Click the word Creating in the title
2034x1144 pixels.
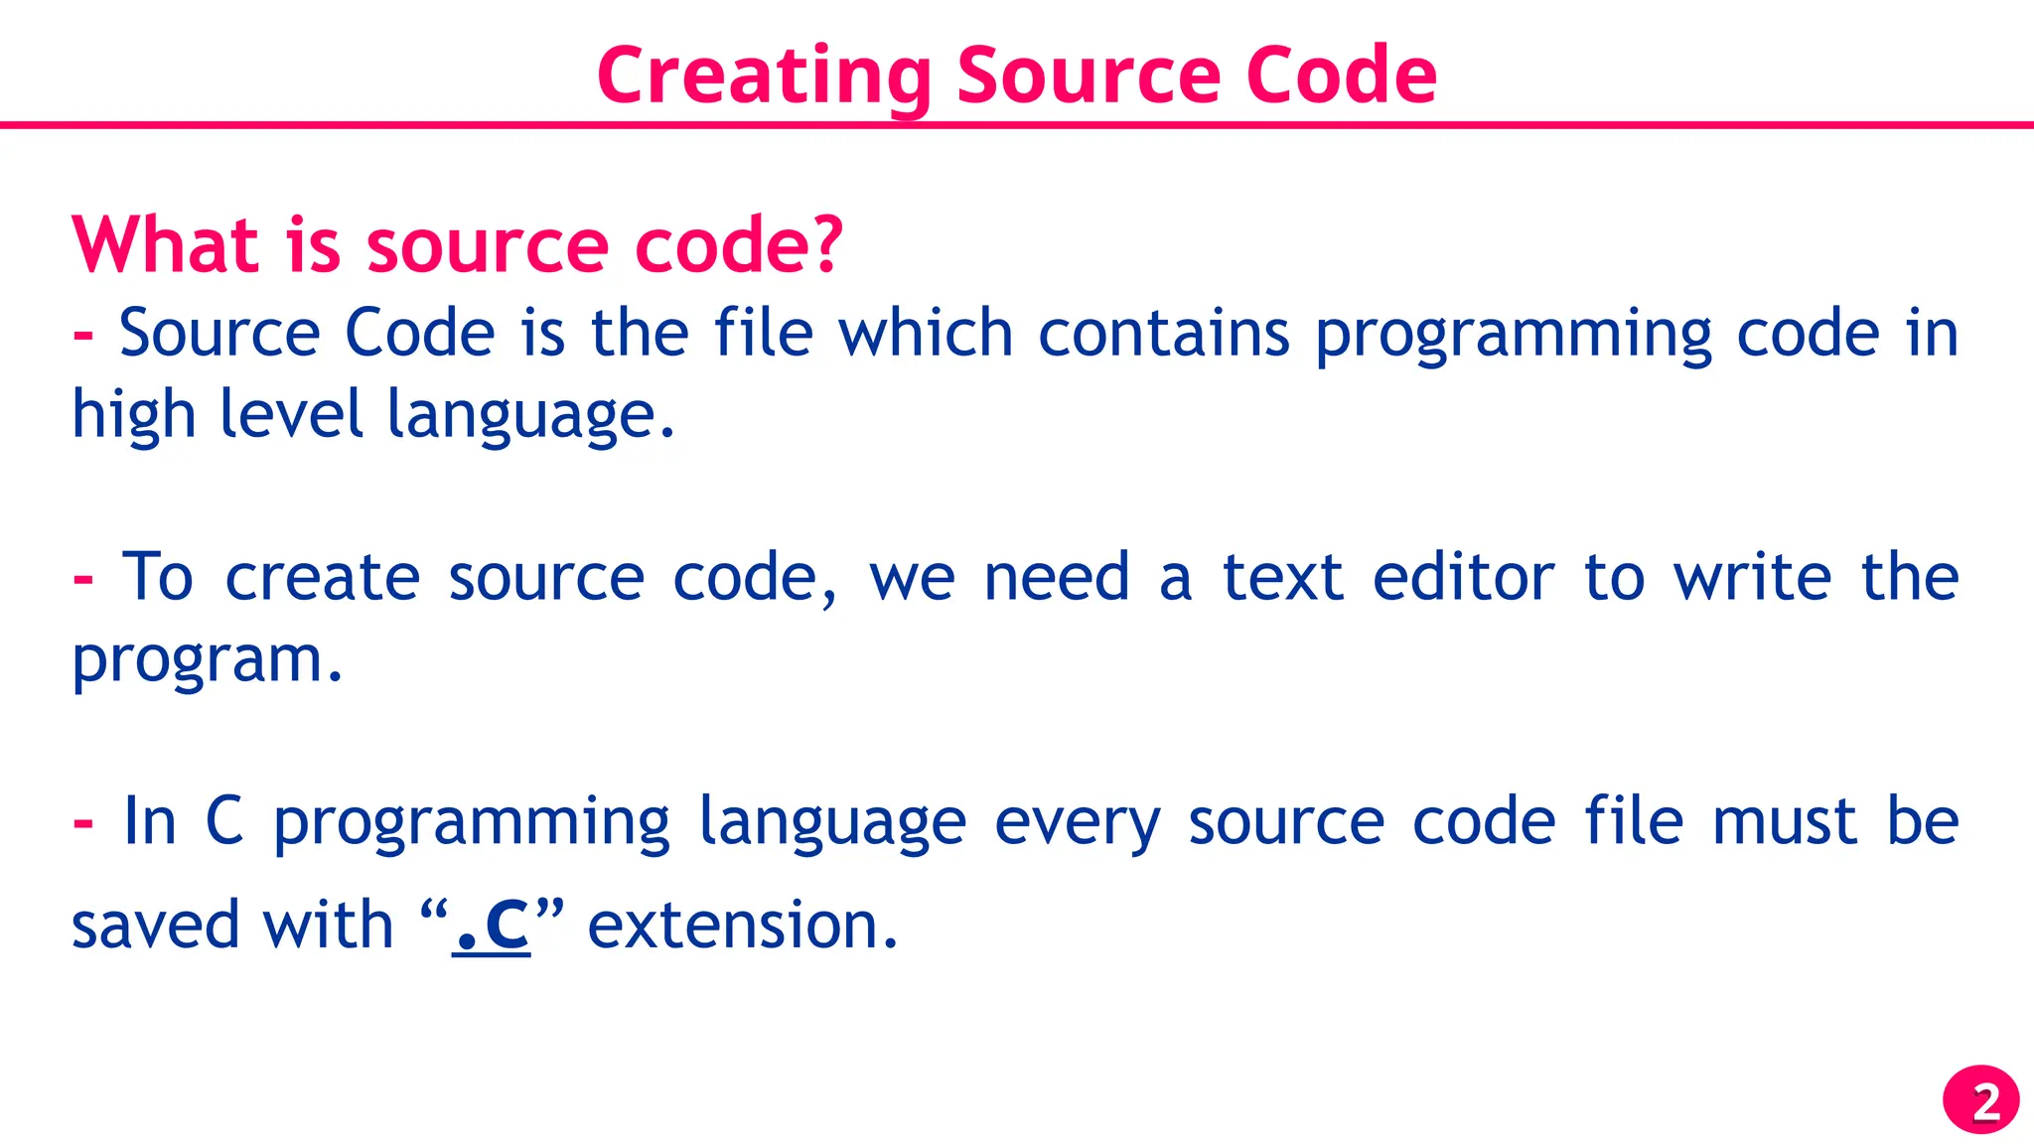[x=764, y=76]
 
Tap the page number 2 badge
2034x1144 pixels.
[x=1980, y=1100]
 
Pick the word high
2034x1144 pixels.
[x=134, y=415]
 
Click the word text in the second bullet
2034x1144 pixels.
[x=1282, y=577]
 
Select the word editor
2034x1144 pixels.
[x=1463, y=577]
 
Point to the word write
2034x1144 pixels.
[x=1752, y=577]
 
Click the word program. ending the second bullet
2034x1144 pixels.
[x=207, y=660]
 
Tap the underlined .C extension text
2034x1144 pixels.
[x=492, y=926]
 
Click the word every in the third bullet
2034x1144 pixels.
[x=1077, y=822]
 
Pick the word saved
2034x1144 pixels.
[x=156, y=926]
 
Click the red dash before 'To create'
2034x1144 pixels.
[x=83, y=579]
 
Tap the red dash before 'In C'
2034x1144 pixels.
[x=83, y=823]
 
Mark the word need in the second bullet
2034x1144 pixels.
[x=1057, y=577]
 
